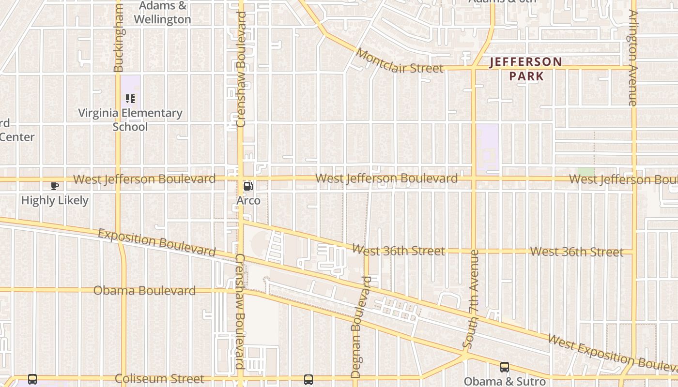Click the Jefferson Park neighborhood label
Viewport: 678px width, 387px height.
tap(526, 69)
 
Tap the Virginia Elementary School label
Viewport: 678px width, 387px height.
tap(130, 120)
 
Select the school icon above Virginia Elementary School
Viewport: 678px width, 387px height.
tap(130, 99)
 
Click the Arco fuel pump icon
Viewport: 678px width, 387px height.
tap(248, 186)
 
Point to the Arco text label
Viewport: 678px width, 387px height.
tap(248, 200)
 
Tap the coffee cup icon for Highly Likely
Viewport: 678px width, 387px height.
tap(55, 186)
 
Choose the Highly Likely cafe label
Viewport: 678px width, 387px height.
tap(55, 200)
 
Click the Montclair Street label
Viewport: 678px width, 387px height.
tap(399, 61)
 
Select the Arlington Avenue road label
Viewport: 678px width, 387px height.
tap(632, 58)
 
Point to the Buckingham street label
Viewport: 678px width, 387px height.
tap(119, 38)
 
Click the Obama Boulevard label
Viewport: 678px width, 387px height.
tap(144, 291)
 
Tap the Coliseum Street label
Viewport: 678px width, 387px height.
tap(159, 379)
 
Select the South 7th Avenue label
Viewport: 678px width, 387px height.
tap(471, 299)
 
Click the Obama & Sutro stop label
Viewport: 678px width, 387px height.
tap(505, 381)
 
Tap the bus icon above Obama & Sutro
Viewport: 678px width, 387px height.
tap(505, 367)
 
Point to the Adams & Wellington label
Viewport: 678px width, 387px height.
tap(162, 13)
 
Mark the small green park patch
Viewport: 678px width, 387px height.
tap(586, 172)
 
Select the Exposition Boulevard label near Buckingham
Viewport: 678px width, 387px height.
tap(156, 242)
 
